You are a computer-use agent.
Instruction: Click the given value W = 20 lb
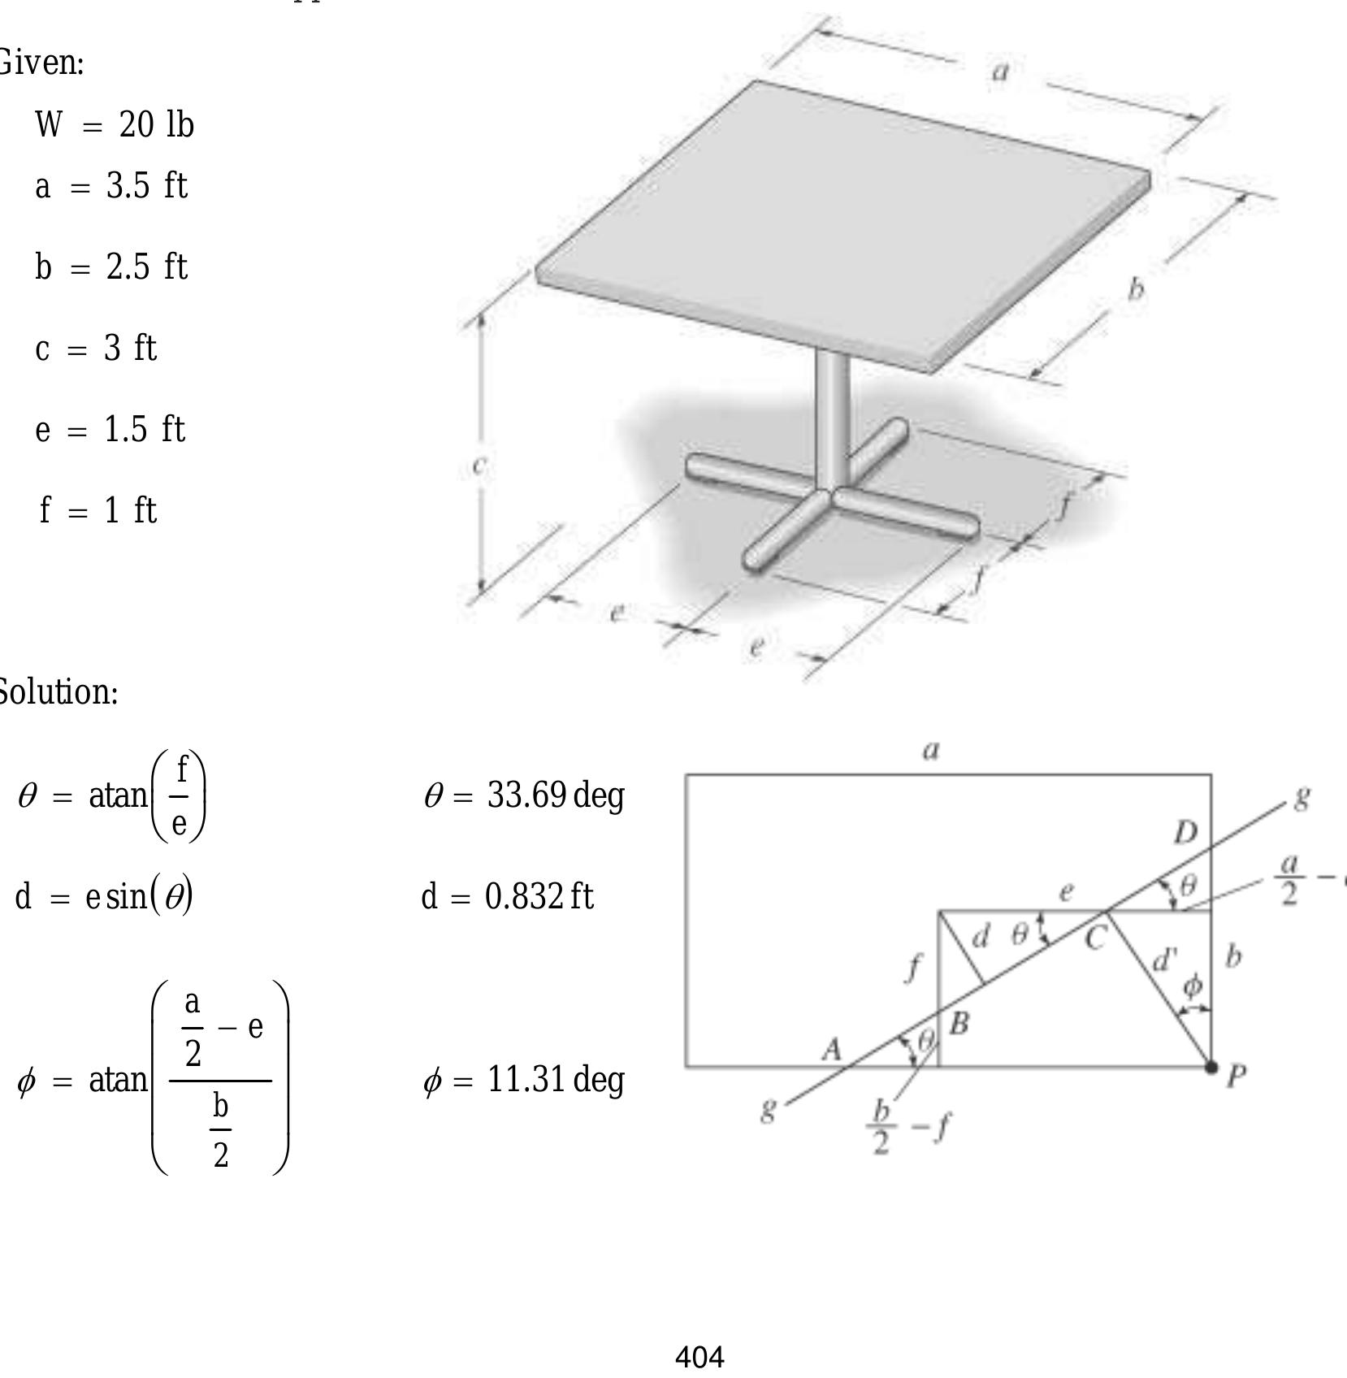(x=115, y=125)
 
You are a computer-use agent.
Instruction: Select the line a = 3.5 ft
(x=111, y=186)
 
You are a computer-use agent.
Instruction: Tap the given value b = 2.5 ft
(x=111, y=266)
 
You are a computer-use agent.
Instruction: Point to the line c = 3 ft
(x=96, y=349)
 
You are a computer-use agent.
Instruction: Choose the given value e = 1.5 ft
(x=110, y=429)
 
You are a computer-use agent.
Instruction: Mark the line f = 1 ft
(x=98, y=510)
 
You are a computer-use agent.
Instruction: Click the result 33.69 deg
(x=524, y=795)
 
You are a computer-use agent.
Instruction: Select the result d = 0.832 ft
(x=508, y=897)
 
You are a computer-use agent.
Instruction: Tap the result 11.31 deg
(x=524, y=1080)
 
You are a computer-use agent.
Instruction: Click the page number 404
(x=699, y=1357)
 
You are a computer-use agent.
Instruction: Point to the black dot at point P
(x=1211, y=1068)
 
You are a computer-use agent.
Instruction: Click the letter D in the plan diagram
(x=1185, y=832)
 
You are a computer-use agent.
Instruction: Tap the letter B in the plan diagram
(x=959, y=1024)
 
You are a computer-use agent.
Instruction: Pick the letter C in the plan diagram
(x=1094, y=939)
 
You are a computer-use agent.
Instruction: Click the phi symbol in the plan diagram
(x=1192, y=986)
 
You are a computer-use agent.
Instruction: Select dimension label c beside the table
(x=479, y=465)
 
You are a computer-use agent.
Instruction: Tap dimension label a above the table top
(x=1001, y=71)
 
